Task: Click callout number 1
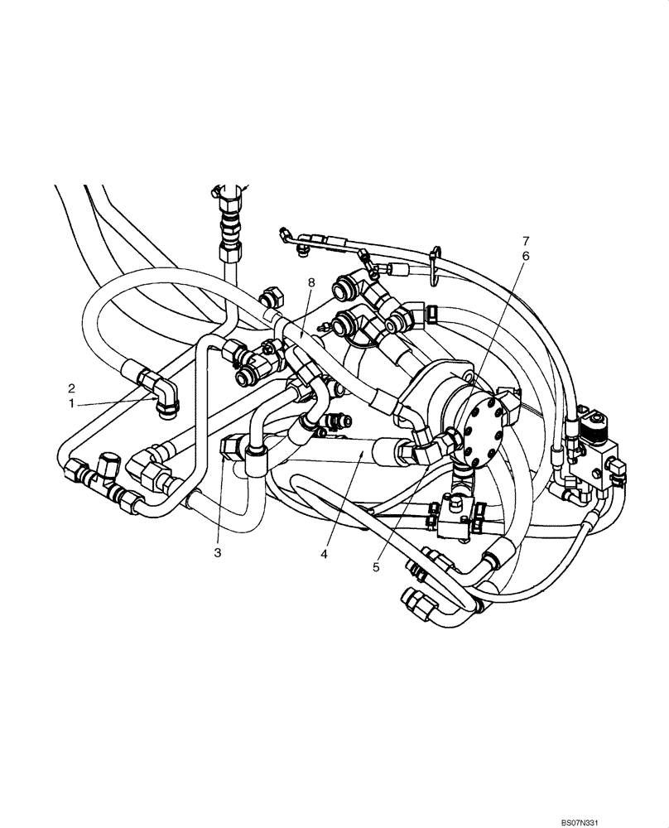(73, 402)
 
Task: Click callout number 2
(73, 388)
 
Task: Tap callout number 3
(217, 552)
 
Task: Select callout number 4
(325, 552)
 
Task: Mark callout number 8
(311, 282)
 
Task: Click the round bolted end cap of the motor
(479, 427)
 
